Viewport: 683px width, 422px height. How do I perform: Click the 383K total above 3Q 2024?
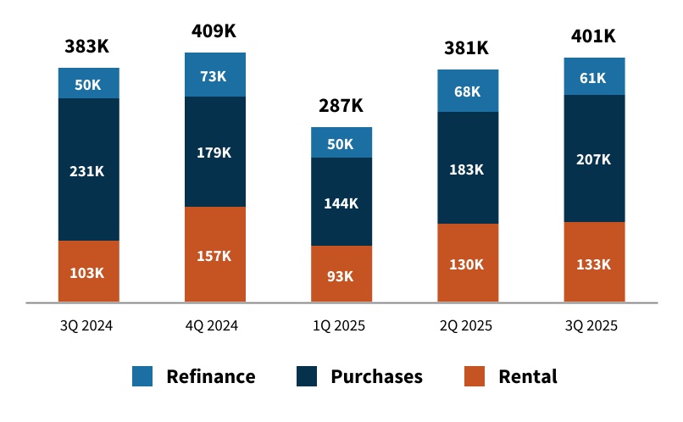click(87, 47)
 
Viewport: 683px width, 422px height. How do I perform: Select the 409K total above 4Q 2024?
click(214, 31)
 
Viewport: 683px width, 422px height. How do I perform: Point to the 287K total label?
click(341, 106)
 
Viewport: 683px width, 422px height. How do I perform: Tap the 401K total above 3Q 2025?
click(593, 36)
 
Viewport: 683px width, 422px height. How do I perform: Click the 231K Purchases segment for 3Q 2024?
click(88, 170)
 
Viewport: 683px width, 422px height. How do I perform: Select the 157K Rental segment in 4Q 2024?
click(214, 255)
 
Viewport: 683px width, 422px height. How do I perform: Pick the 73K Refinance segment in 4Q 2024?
click(214, 75)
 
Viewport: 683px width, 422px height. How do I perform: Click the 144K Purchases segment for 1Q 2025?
click(341, 203)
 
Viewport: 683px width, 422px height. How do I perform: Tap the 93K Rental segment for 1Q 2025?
click(341, 274)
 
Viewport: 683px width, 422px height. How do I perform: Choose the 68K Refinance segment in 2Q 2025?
click(467, 91)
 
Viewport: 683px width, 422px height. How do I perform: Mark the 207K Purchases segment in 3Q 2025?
click(593, 158)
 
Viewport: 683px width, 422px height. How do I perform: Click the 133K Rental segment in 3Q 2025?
click(593, 263)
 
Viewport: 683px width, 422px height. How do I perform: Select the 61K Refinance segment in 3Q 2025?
click(593, 77)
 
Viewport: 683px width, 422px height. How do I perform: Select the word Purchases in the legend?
click(376, 376)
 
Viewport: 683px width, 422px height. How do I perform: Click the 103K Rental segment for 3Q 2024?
click(88, 272)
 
